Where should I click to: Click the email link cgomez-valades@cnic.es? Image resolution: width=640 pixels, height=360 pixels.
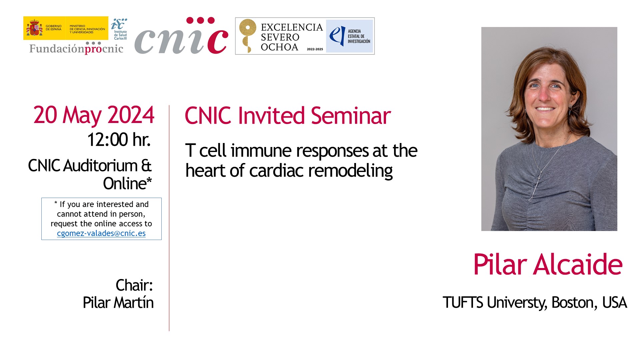(101, 233)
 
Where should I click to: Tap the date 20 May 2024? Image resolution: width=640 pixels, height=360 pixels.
(94, 115)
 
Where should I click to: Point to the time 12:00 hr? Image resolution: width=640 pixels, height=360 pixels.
(119, 139)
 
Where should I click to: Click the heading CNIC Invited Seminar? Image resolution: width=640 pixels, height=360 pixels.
(288, 116)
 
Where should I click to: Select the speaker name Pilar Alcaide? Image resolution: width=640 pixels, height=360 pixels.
(548, 264)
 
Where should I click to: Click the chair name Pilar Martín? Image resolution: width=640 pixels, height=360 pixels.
(118, 303)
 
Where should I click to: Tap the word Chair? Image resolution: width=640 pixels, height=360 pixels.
(134, 285)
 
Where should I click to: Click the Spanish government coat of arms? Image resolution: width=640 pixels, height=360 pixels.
(34, 28)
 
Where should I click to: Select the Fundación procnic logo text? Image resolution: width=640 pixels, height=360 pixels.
(76, 48)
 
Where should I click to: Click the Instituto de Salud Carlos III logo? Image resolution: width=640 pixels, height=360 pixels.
(119, 29)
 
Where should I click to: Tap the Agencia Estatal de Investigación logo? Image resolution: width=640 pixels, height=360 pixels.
(349, 36)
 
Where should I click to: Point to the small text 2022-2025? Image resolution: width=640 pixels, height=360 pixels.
(315, 49)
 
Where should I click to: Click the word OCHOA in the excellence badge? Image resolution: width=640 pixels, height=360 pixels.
(279, 47)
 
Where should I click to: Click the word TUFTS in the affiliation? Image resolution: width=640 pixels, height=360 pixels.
(463, 303)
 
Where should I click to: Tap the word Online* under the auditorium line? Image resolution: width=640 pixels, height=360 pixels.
(127, 183)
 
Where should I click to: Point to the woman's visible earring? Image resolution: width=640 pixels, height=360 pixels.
(570, 109)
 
